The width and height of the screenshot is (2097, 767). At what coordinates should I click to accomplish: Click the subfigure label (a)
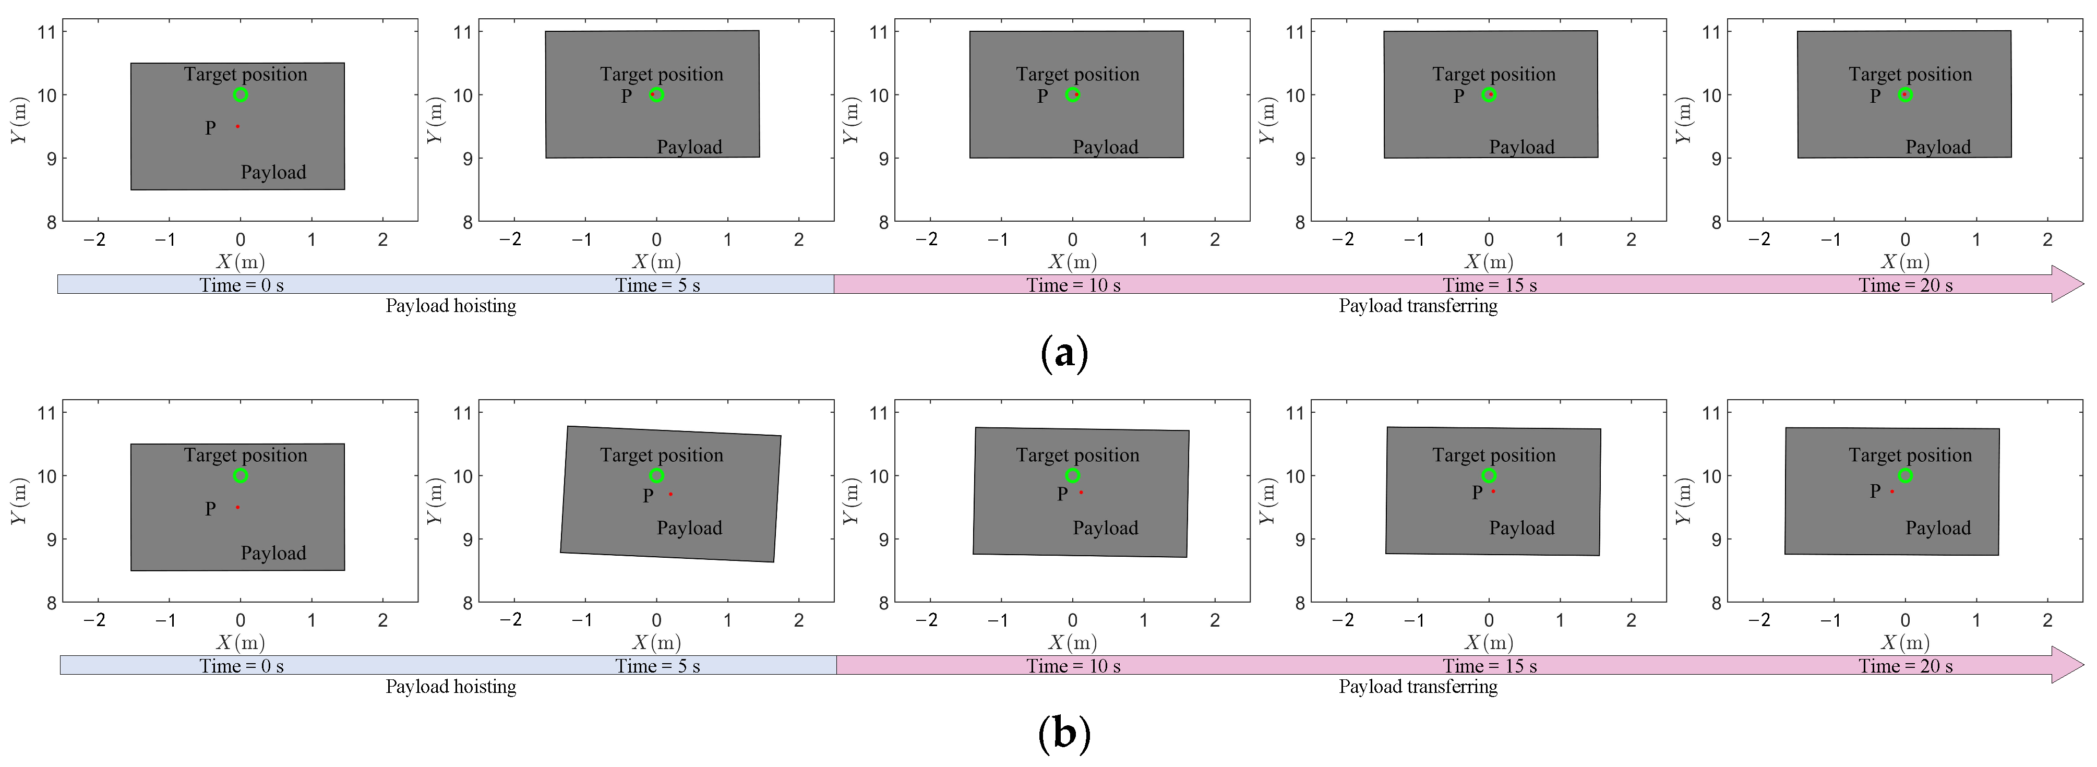(x=1064, y=353)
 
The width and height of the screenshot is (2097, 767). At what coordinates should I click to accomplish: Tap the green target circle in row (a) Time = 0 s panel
(x=240, y=94)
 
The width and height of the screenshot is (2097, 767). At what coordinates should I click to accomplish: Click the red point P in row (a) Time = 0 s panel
(x=237, y=126)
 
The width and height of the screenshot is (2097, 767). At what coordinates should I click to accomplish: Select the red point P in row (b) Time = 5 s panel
(x=670, y=494)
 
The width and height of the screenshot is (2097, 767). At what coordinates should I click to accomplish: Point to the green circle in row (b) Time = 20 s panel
(x=1905, y=475)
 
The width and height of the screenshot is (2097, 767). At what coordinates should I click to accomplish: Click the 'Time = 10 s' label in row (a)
(x=1073, y=285)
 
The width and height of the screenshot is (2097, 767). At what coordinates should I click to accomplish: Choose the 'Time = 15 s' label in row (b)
(x=1490, y=666)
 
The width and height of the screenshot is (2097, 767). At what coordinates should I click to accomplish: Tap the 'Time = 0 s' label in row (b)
(x=242, y=666)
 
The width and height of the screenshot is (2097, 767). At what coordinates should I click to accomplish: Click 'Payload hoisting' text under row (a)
(x=450, y=306)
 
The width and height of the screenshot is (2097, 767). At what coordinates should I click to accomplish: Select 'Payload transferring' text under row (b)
(x=1418, y=687)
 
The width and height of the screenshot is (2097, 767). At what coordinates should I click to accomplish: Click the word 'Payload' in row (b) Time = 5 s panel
(x=689, y=528)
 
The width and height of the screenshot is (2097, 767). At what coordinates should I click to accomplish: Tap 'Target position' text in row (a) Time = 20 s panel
(x=1910, y=74)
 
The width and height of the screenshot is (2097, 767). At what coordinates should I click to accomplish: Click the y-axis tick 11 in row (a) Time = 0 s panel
(x=46, y=32)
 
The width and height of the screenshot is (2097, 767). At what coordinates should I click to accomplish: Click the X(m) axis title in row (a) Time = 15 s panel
(x=1489, y=261)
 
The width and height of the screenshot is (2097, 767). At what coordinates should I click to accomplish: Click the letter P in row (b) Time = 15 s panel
(x=1477, y=493)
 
